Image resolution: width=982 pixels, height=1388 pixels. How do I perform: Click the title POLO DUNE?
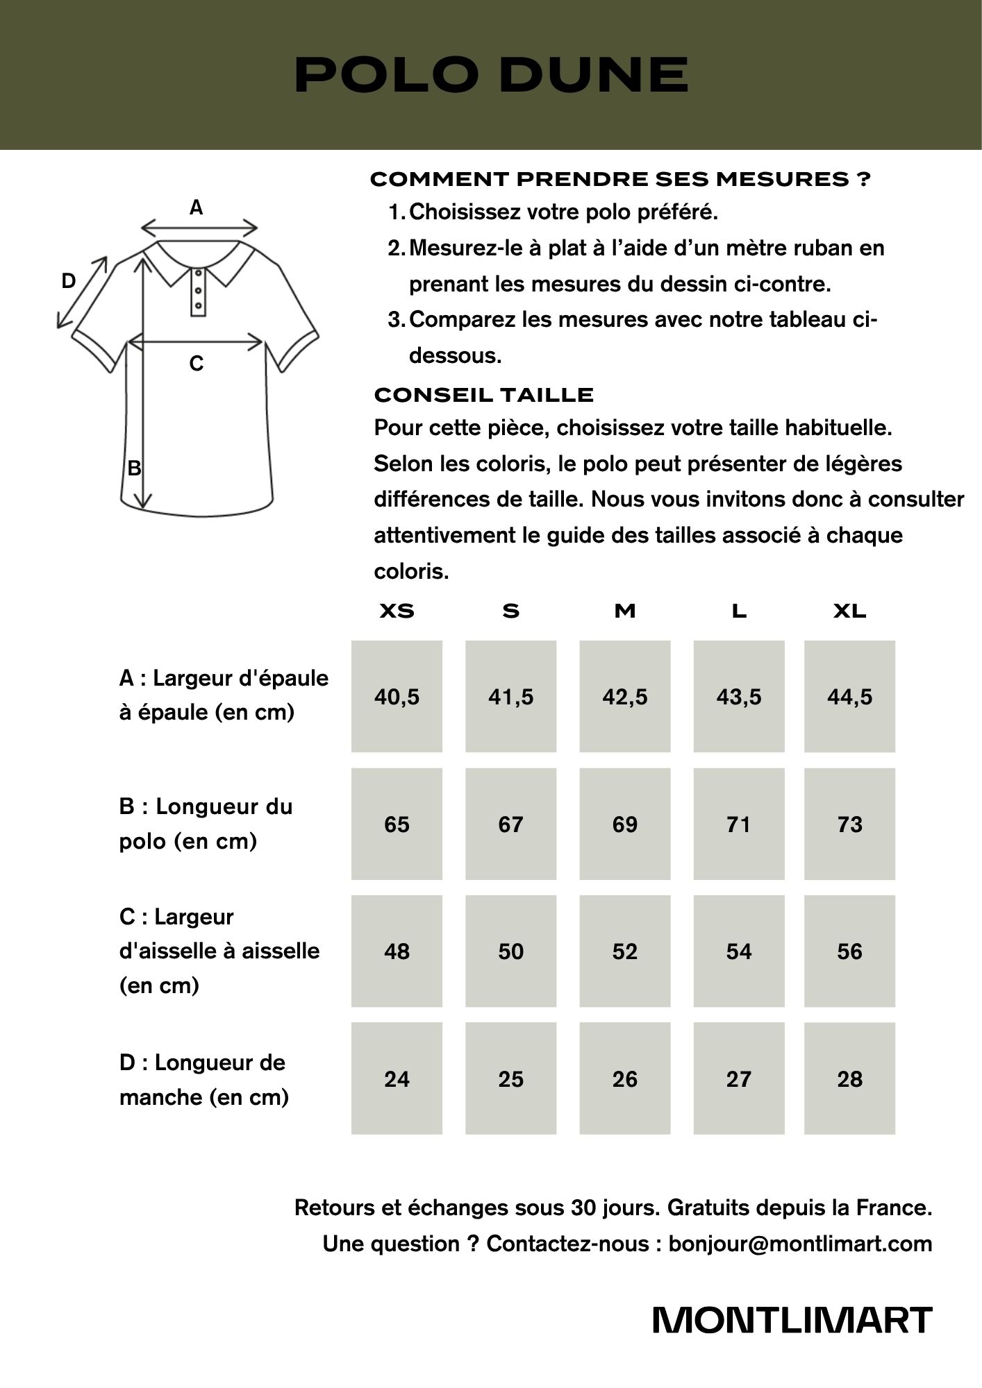[491, 75]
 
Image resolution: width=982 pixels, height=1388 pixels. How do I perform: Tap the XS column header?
[397, 611]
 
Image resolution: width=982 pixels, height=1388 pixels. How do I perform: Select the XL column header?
[849, 611]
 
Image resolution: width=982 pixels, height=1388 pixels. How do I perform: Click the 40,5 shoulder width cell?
[397, 697]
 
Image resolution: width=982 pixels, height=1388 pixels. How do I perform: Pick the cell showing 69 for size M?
[625, 824]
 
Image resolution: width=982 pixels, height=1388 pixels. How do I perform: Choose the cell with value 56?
[849, 951]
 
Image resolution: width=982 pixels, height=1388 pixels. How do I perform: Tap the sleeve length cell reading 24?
[397, 1079]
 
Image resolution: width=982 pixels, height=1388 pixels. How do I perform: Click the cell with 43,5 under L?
[739, 697]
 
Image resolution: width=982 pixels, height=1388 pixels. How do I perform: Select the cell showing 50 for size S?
[511, 951]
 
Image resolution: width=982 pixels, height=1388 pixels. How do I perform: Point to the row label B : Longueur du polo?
[206, 824]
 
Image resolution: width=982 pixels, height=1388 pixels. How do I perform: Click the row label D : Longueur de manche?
[203, 1079]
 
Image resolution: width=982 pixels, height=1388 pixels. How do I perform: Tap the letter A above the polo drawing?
[197, 208]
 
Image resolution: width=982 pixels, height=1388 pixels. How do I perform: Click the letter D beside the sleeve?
[68, 281]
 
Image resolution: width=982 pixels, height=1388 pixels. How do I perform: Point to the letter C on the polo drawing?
[197, 364]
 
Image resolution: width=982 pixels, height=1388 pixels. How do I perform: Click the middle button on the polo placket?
[199, 290]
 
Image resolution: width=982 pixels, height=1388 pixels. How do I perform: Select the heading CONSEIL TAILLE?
[483, 396]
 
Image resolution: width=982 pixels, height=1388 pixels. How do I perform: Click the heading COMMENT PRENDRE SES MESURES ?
[620, 180]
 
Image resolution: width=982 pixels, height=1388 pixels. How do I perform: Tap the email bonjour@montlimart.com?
[800, 1244]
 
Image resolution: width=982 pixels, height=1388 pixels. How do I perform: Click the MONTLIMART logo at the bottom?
[792, 1321]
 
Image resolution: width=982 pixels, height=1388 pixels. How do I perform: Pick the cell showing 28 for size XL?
[849, 1079]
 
